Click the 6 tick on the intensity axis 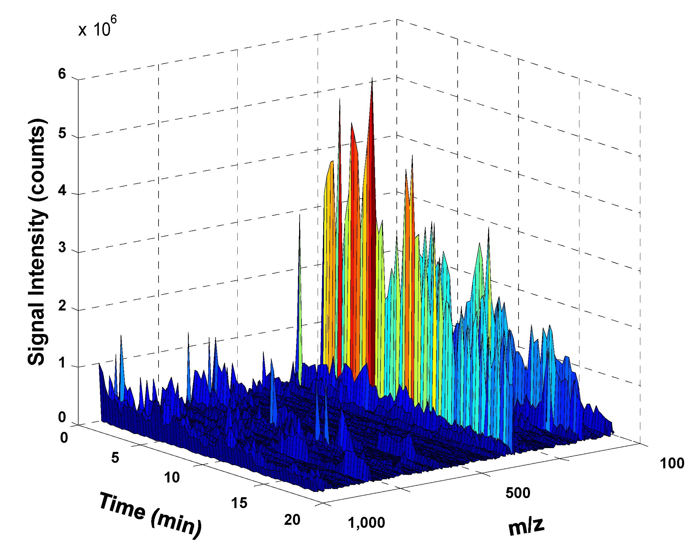pyautogui.click(x=62, y=74)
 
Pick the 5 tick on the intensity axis pyautogui.click(x=62, y=133)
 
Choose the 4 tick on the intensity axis pyautogui.click(x=62, y=191)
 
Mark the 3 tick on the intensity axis pyautogui.click(x=62, y=248)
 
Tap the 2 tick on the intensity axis pyautogui.click(x=62, y=306)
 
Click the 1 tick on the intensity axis pyautogui.click(x=62, y=363)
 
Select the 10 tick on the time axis pyautogui.click(x=172, y=478)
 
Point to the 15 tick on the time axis pyautogui.click(x=239, y=503)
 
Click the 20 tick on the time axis pyautogui.click(x=292, y=520)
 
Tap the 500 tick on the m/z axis pyautogui.click(x=518, y=492)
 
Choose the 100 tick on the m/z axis pyautogui.click(x=672, y=463)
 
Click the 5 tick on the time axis pyautogui.click(x=115, y=457)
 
